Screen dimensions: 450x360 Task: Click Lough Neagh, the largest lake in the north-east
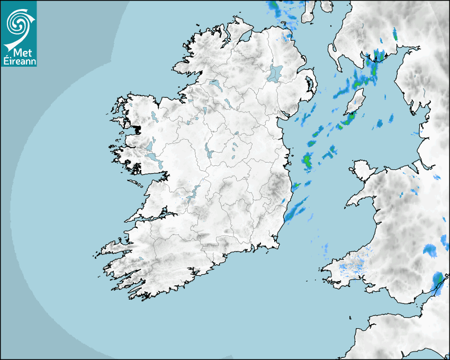coord(275,73)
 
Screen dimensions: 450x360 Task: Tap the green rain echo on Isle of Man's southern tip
coord(348,121)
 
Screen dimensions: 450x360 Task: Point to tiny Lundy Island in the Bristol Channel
coord(350,317)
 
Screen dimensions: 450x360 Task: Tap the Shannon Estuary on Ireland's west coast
coord(151,218)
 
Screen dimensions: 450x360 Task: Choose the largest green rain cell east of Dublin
coord(307,160)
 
